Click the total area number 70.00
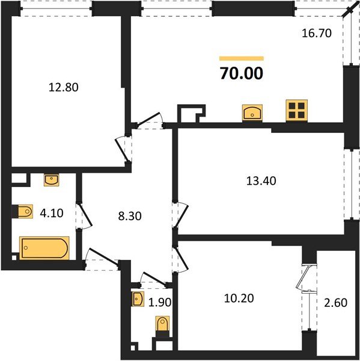(x=241, y=73)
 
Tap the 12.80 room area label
(x=63, y=87)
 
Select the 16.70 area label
(x=316, y=34)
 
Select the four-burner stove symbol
(x=296, y=110)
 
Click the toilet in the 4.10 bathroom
(x=23, y=212)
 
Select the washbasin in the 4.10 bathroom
(x=52, y=179)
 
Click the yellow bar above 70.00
(x=241, y=58)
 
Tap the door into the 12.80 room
(x=123, y=146)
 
